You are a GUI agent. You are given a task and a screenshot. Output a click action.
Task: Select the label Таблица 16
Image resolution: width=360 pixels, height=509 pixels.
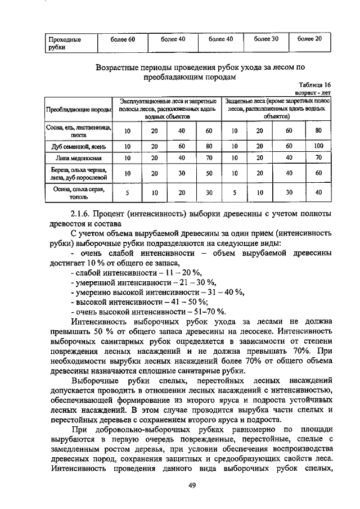coord(313,84)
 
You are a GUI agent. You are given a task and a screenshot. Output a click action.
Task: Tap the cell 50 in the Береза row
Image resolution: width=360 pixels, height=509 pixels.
coord(209,174)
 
